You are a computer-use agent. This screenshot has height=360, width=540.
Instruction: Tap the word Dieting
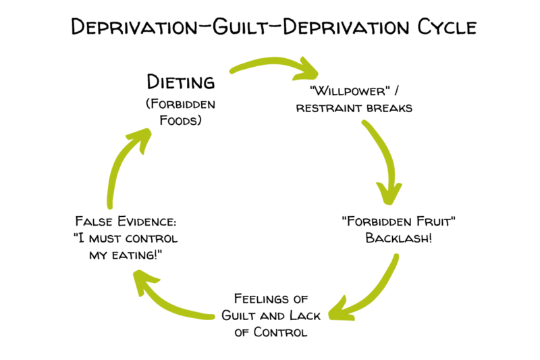181,84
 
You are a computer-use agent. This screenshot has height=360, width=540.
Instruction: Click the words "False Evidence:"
126,221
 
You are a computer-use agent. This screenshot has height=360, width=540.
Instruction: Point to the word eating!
153,255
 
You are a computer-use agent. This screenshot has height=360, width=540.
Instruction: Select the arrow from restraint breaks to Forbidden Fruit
384,162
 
